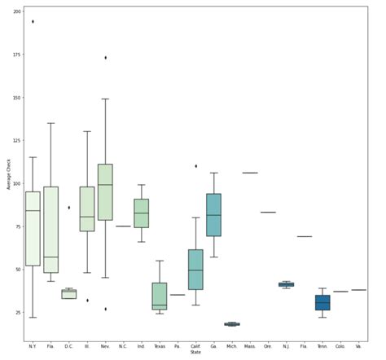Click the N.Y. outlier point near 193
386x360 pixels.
[33, 21]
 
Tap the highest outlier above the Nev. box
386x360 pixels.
[105, 58]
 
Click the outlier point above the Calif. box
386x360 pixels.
[195, 166]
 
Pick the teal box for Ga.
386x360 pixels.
[213, 215]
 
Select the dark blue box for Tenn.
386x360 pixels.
[322, 302]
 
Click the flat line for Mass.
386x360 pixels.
[250, 173]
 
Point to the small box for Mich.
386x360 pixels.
[232, 324]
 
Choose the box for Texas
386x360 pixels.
[160, 296]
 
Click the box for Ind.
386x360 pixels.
[141, 213]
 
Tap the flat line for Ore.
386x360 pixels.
[268, 213]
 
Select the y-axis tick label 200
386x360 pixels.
[15, 11]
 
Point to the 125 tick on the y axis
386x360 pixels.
[15, 140]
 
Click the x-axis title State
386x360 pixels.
[195, 353]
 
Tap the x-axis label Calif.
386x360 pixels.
[195, 346]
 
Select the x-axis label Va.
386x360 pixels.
[358, 346]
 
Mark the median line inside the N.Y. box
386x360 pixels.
[33, 211]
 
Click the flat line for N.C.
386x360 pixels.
[123, 226]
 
